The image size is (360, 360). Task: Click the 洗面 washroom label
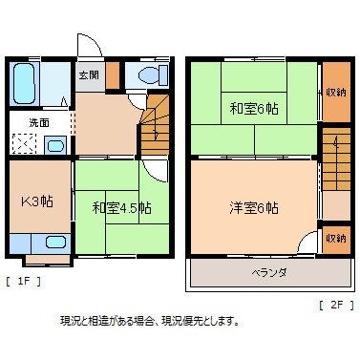click(x=38, y=123)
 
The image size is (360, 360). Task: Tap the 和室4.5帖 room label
click(x=121, y=207)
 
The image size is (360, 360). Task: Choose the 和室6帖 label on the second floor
click(x=253, y=107)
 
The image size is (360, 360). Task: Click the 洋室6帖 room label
click(x=253, y=207)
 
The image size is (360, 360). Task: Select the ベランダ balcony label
click(x=270, y=273)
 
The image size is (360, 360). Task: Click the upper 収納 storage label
click(x=335, y=92)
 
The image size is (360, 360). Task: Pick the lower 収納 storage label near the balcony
click(x=335, y=237)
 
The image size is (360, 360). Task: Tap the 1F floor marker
click(x=23, y=281)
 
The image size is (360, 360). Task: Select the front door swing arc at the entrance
click(x=89, y=48)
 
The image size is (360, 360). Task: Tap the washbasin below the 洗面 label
click(x=54, y=146)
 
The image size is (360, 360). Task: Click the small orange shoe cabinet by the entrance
click(x=113, y=74)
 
